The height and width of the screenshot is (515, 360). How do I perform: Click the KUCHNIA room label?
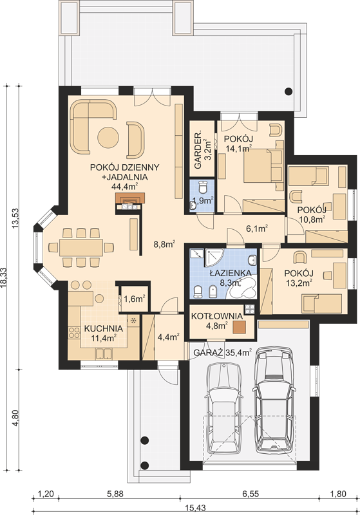[x=104, y=328]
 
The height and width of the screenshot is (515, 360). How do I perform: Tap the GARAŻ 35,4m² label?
[x=222, y=353]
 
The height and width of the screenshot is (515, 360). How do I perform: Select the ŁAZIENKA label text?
[x=231, y=272]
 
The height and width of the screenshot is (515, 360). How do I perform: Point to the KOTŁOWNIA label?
[x=217, y=316]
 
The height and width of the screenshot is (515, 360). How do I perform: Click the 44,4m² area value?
[x=124, y=187]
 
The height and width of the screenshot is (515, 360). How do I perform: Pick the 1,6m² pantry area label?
[x=135, y=299]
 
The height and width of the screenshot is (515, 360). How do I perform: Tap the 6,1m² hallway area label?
[x=258, y=229]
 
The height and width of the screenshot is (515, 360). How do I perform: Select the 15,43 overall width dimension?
[x=196, y=508]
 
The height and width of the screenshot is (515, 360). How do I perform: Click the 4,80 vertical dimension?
[x=15, y=418]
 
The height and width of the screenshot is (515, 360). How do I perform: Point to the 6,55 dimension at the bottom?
[x=251, y=494]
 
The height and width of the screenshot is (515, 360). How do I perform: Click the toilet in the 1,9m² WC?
[x=204, y=187]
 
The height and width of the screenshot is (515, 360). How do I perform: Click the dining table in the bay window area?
[x=81, y=247]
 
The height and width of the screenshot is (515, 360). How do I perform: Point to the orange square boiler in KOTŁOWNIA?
[x=240, y=327]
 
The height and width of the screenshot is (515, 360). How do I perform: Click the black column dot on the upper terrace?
[x=289, y=91]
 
